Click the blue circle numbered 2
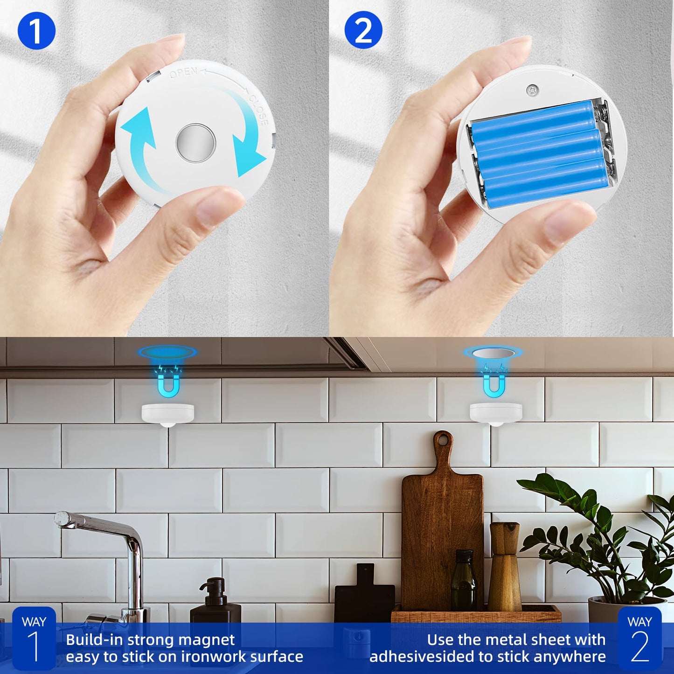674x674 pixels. tap(363, 30)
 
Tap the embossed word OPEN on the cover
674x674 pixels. tap(183, 73)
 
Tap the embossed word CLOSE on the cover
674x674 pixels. tap(258, 110)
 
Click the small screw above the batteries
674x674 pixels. tap(531, 90)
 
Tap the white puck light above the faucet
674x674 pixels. tap(168, 414)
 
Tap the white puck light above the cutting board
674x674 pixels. tap(496, 414)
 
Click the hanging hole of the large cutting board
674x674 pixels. tap(443, 439)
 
